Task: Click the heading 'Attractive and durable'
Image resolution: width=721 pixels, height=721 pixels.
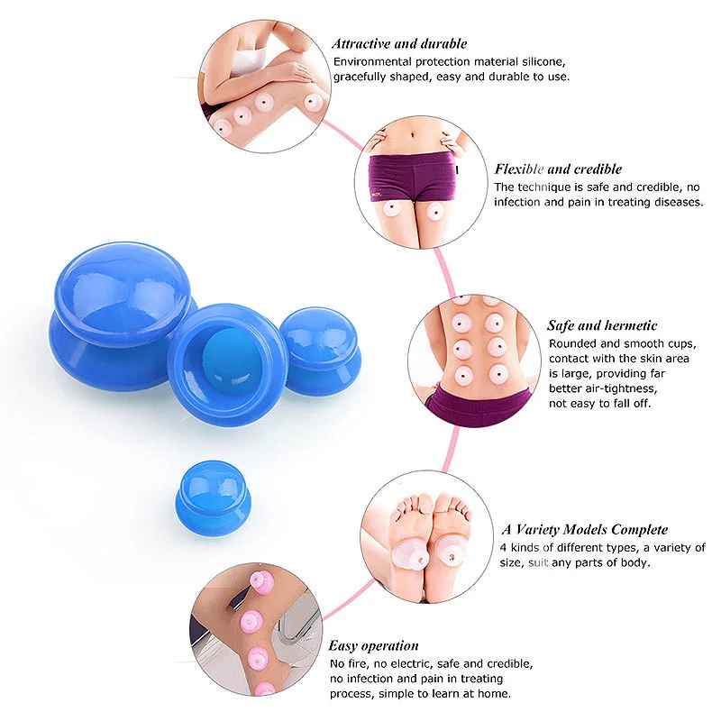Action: click(x=398, y=43)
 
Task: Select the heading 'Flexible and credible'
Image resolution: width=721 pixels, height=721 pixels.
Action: click(x=558, y=169)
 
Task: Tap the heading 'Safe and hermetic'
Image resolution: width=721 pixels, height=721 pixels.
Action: click(x=602, y=325)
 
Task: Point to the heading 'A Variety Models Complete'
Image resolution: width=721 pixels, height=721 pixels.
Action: click(x=584, y=529)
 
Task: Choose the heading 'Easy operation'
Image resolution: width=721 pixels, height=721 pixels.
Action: click(x=373, y=645)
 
